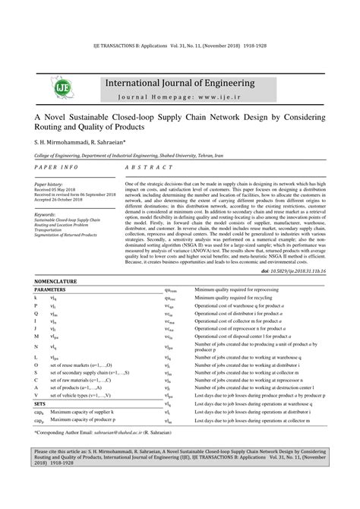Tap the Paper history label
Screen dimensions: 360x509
(x=49, y=184)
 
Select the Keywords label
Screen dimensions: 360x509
(x=46, y=214)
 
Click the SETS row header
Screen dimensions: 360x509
(x=40, y=404)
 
